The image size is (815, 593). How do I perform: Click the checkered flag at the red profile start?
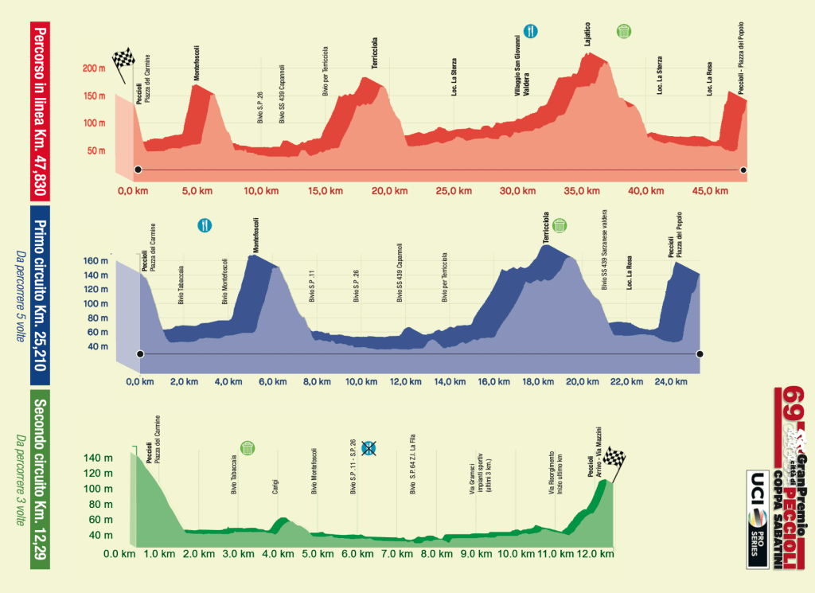coord(123,60)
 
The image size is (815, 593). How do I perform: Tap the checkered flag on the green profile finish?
coord(614,458)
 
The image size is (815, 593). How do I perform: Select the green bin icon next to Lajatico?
coord(625,31)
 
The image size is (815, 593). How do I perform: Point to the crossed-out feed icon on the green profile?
coord(369,448)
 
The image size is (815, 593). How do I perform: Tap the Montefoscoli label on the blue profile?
coord(256,236)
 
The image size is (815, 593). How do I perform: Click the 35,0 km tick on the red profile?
coord(582,192)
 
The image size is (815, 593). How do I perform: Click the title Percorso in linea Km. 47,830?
coord(41,107)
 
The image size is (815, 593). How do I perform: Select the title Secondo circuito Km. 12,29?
coord(41,478)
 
